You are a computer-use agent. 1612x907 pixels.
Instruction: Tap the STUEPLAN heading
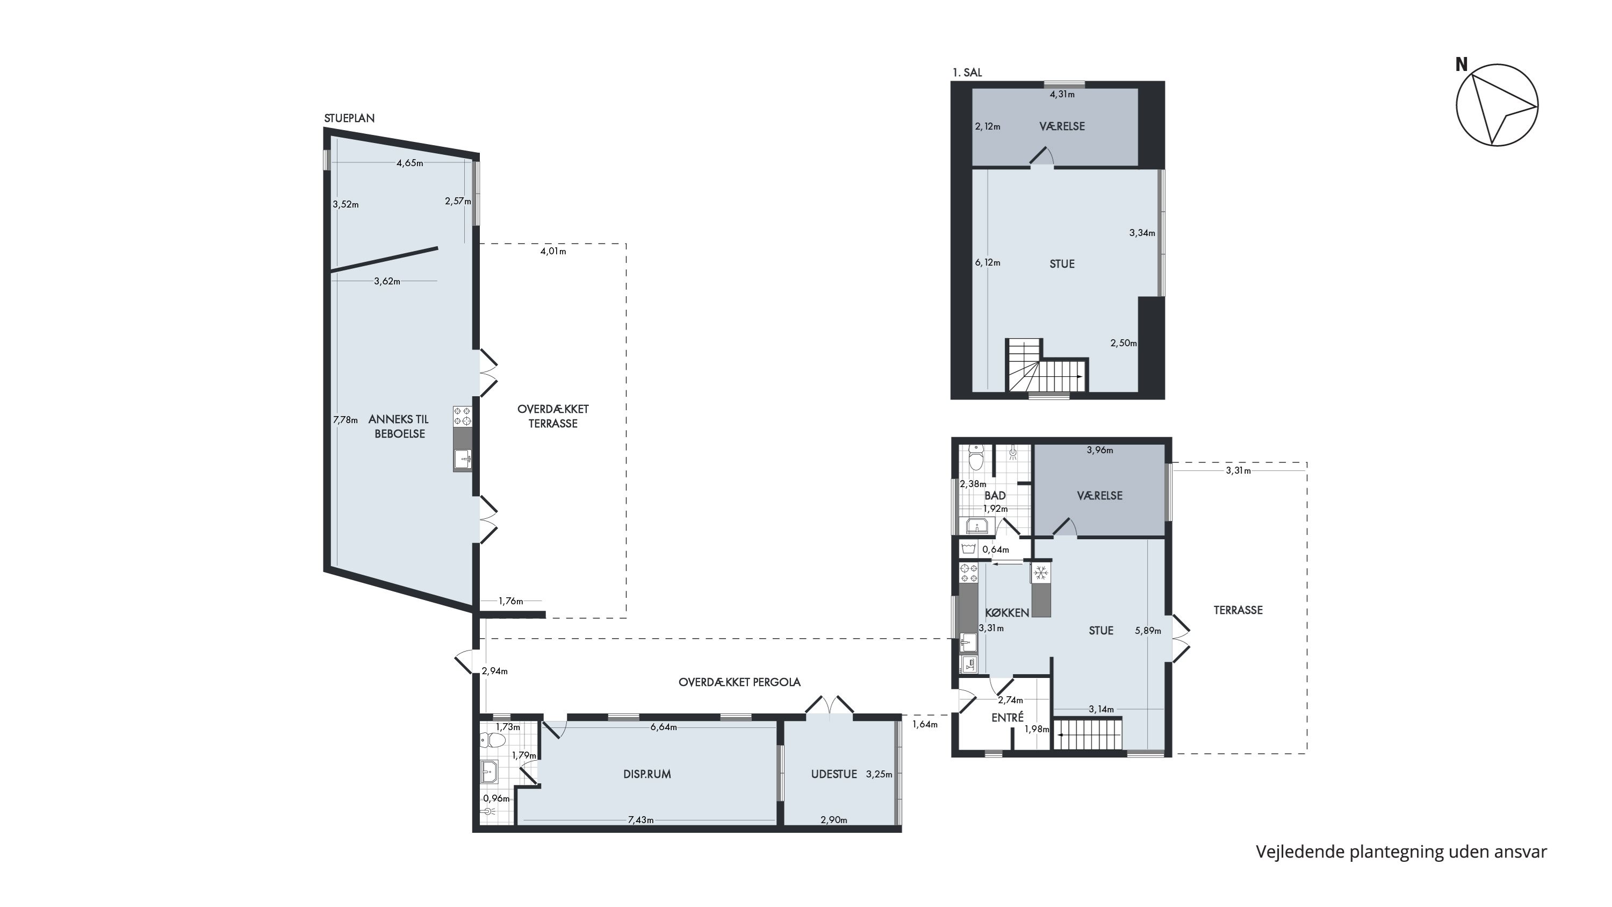point(349,118)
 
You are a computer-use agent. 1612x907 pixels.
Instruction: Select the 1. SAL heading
point(967,73)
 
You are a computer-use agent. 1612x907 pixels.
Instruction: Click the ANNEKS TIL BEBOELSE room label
point(399,426)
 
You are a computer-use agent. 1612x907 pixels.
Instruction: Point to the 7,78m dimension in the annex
point(346,420)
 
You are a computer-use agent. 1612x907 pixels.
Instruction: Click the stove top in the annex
point(463,416)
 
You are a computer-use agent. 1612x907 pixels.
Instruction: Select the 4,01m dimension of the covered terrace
point(553,252)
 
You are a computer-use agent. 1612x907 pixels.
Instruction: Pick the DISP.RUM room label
point(647,774)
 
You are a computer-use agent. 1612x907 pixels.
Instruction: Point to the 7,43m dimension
point(641,820)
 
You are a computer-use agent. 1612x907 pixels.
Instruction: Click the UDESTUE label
point(834,774)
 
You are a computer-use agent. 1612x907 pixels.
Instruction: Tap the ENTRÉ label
point(1007,718)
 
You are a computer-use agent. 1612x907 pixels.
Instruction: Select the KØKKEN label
point(1007,612)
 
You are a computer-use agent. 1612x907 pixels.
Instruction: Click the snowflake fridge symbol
point(1041,573)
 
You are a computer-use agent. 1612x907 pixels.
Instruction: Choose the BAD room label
point(995,496)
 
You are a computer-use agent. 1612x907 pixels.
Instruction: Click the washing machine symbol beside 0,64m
point(969,549)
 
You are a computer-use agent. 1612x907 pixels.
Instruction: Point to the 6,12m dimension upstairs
point(988,263)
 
